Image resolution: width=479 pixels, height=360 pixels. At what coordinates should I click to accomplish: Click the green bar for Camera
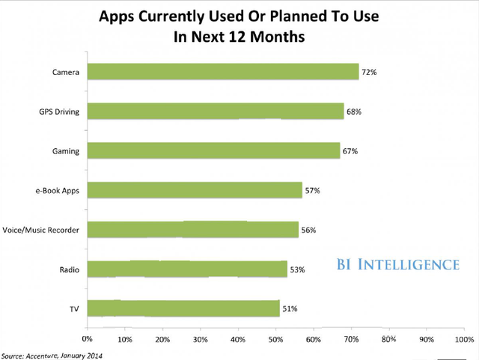pos(223,72)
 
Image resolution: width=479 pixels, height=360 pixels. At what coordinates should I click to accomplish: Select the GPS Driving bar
pos(216,112)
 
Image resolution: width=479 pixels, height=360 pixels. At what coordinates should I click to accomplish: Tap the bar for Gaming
pos(213,150)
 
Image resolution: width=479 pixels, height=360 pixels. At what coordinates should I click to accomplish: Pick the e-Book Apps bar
pos(195,190)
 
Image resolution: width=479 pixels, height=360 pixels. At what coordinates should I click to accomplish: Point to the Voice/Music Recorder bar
pos(193,230)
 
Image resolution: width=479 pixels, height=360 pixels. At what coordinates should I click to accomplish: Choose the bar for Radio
pos(187,269)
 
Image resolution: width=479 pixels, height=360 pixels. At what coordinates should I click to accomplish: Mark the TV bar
pos(183,308)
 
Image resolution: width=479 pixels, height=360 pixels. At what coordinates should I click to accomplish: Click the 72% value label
pos(370,72)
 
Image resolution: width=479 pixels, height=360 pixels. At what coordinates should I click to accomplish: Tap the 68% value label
pos(355,112)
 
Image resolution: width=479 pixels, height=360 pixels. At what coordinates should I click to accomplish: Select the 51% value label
pos(290,308)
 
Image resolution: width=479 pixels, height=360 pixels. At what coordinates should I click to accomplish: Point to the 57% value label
pos(313,190)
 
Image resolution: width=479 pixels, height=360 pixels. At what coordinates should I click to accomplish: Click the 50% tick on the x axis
pos(276,339)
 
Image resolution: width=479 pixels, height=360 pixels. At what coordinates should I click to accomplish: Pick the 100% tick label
pos(463,339)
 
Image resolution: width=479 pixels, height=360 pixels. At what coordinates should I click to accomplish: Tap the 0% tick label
pos(88,339)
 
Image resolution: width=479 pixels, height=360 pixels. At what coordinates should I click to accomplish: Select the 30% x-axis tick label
pos(201,339)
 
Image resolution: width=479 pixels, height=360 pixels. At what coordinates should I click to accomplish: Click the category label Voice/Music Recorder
pos(42,230)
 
